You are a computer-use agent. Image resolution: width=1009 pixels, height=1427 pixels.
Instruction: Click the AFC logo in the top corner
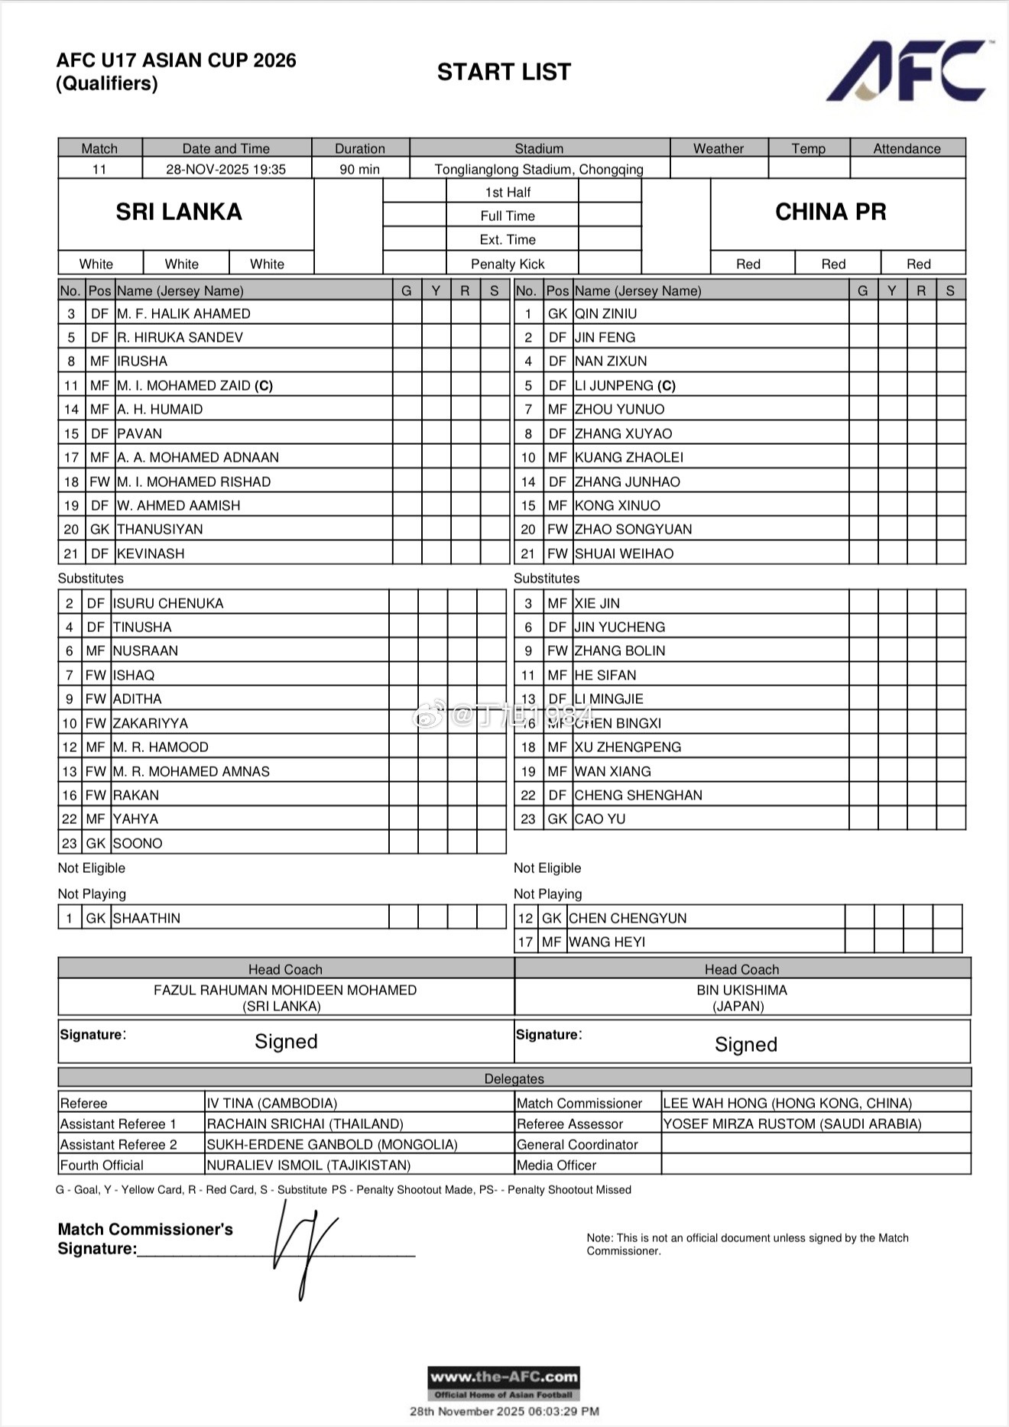(x=907, y=70)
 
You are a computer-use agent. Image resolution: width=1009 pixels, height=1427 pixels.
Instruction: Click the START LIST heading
(x=504, y=72)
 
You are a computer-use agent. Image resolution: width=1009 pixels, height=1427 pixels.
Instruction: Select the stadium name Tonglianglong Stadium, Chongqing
(x=539, y=169)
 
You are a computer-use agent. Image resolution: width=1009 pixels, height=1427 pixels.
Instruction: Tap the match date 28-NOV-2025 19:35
(x=225, y=169)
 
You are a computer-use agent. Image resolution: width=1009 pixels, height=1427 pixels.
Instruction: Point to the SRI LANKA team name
(x=179, y=212)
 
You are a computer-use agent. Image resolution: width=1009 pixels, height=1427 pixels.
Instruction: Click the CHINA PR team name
(x=831, y=212)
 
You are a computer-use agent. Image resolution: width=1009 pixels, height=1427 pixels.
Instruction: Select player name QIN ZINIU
(x=605, y=313)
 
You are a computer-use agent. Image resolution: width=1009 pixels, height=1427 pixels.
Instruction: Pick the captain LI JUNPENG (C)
(x=625, y=385)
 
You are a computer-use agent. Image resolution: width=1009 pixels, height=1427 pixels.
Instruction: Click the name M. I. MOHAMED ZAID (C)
(x=195, y=385)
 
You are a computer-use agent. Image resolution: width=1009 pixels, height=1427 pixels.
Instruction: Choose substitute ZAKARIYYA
(x=150, y=723)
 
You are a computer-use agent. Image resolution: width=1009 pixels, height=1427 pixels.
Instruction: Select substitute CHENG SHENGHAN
(x=638, y=795)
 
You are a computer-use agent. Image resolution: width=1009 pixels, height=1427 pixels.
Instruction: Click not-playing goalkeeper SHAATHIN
(x=147, y=918)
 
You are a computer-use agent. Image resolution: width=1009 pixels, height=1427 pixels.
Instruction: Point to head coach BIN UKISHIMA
(x=741, y=990)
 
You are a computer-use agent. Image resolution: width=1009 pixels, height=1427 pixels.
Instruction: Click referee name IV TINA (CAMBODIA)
(x=272, y=1103)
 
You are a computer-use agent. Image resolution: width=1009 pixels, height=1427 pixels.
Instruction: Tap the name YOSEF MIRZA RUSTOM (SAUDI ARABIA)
(x=792, y=1124)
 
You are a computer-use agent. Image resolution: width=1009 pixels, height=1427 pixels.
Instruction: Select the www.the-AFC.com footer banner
(x=504, y=1383)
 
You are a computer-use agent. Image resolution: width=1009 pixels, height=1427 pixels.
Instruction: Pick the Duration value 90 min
(x=359, y=169)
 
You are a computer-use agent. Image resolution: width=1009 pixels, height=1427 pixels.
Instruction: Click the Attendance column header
(x=907, y=148)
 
